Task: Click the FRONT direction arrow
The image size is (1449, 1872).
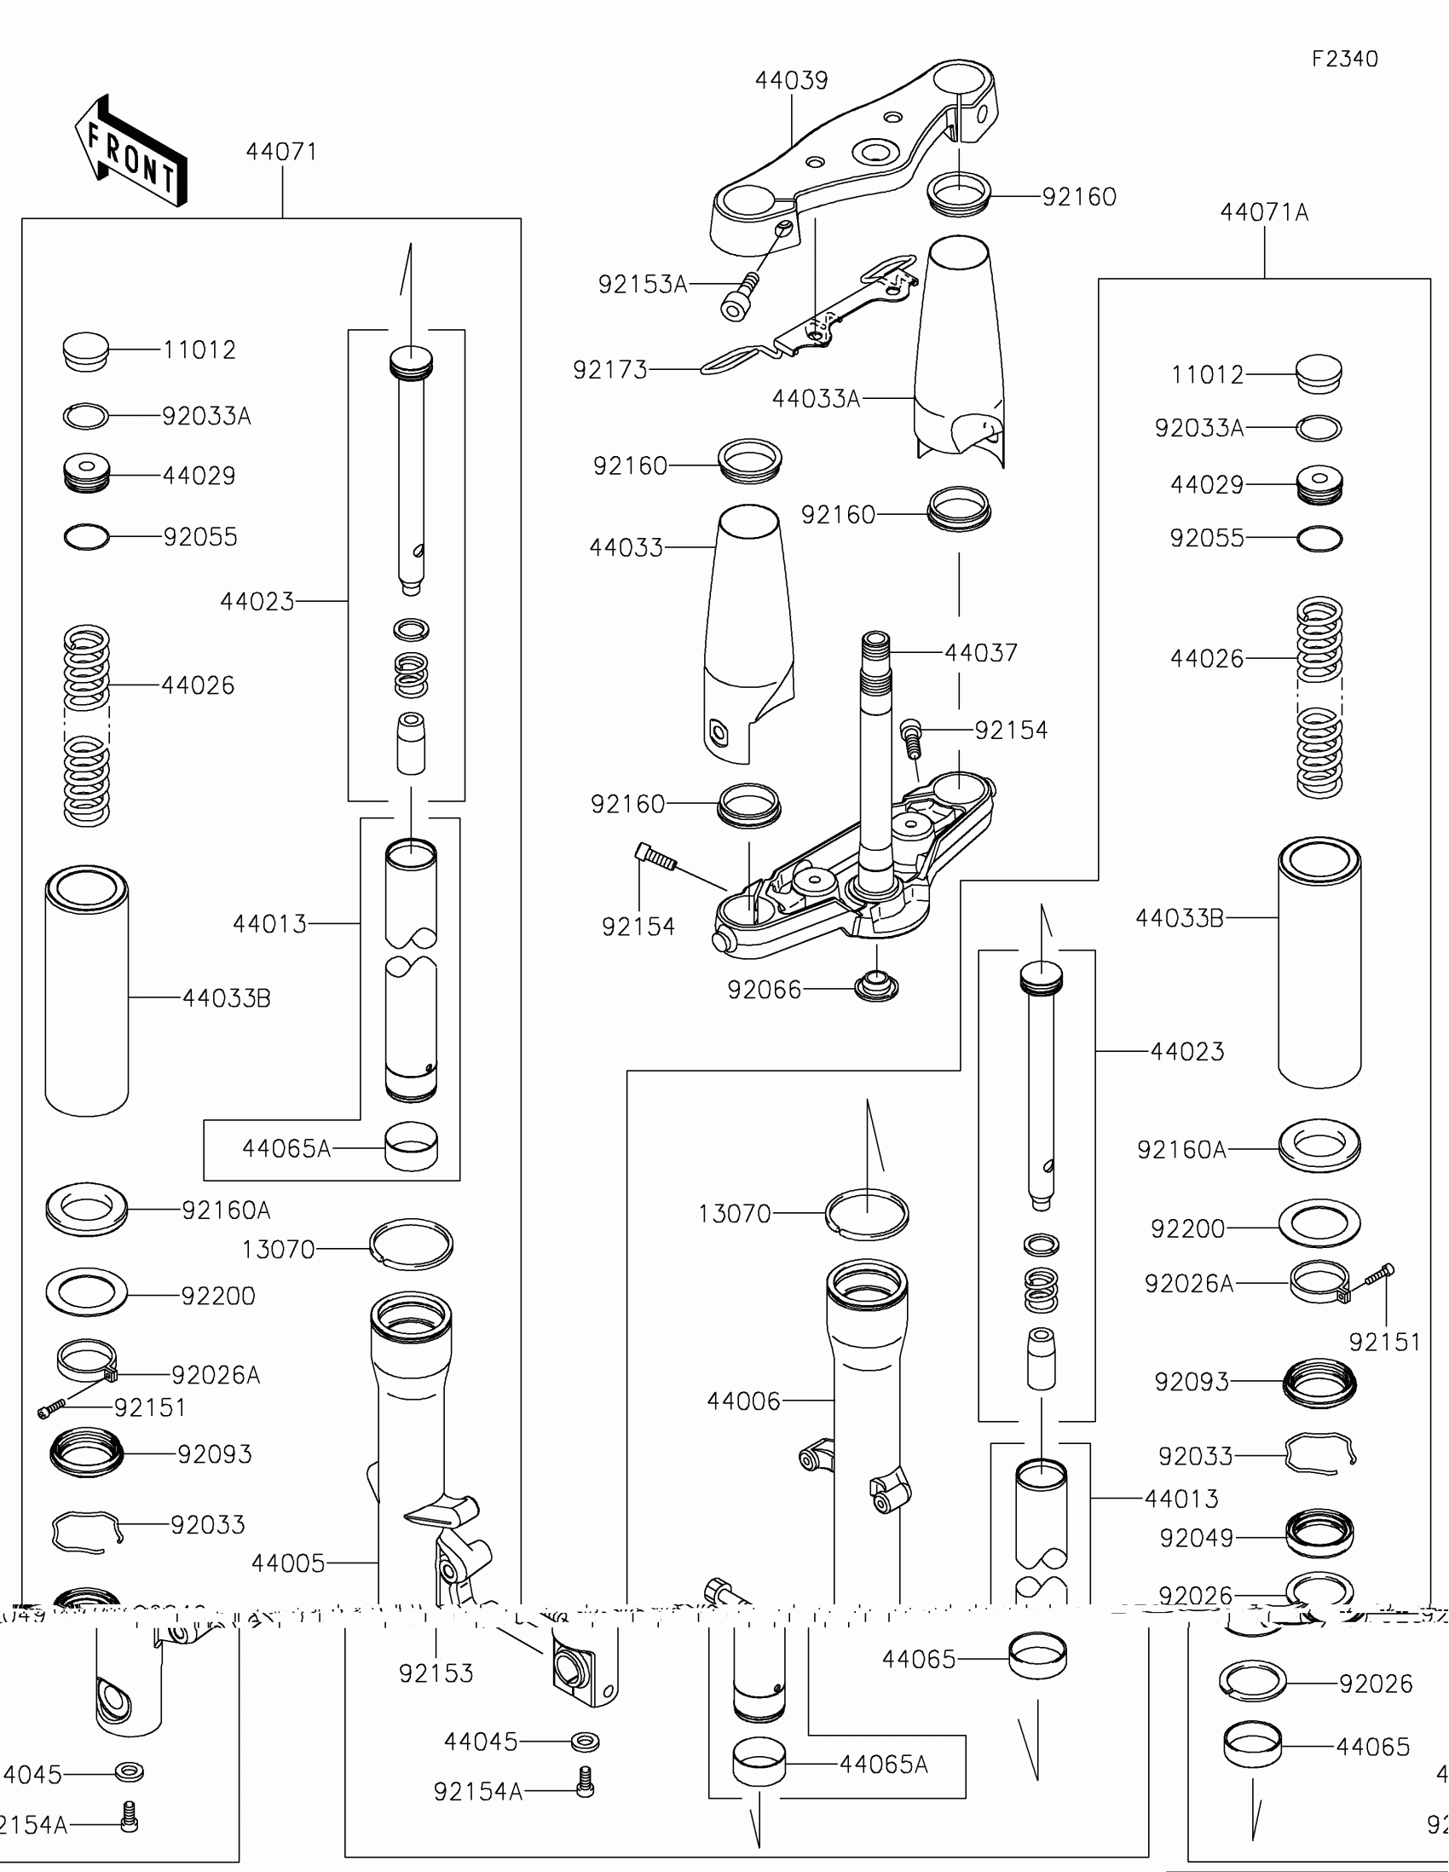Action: coord(130,153)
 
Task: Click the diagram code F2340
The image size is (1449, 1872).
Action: coord(1344,59)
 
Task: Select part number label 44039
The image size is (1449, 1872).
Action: coord(791,81)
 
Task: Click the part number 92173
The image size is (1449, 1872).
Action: coord(610,370)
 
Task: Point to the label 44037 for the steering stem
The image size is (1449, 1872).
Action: coord(981,653)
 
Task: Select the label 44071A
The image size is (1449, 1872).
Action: coord(1264,212)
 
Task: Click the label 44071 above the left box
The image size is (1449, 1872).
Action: coord(281,152)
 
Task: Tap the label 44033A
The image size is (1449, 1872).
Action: coord(816,399)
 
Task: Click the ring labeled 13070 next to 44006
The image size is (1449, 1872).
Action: coord(867,1214)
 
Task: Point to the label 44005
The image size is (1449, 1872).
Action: coord(288,1563)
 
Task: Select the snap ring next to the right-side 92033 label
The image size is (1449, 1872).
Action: coord(1320,1454)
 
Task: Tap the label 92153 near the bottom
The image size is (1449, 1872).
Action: coord(436,1673)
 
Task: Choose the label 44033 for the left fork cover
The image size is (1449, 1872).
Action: coord(626,548)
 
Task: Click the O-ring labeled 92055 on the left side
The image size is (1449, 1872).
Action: coord(87,537)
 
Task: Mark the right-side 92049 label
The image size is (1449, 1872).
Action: coord(1196,1539)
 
